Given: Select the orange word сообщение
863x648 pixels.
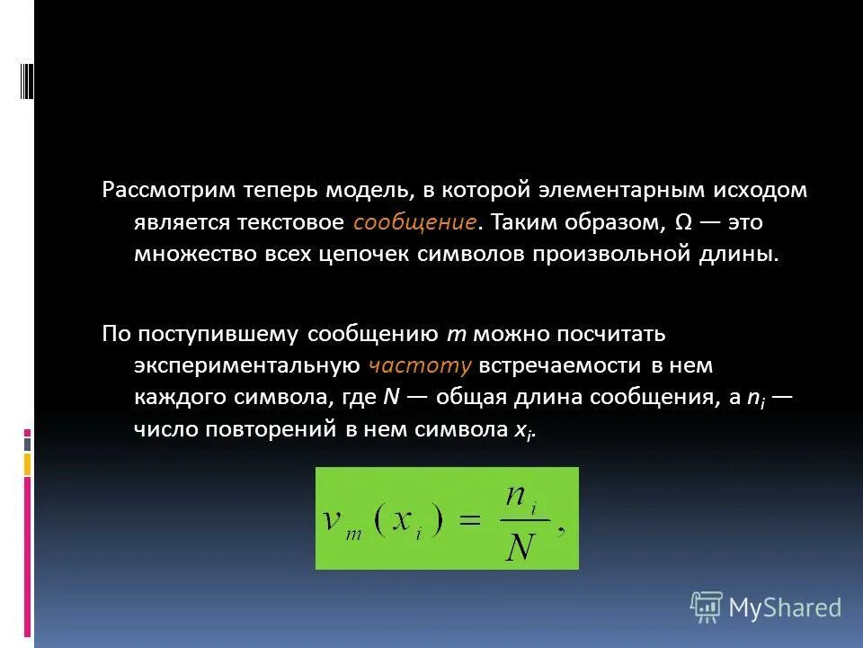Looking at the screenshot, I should tap(414, 222).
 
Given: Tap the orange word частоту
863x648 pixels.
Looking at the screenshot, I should tap(419, 365).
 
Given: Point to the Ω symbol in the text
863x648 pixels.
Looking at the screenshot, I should tap(682, 222).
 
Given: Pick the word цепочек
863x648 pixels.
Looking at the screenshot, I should tap(365, 254).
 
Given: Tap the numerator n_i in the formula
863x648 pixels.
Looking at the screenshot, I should tap(519, 499).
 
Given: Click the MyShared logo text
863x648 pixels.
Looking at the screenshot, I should tap(785, 607).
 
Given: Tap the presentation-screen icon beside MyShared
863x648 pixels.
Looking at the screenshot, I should tap(707, 607).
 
